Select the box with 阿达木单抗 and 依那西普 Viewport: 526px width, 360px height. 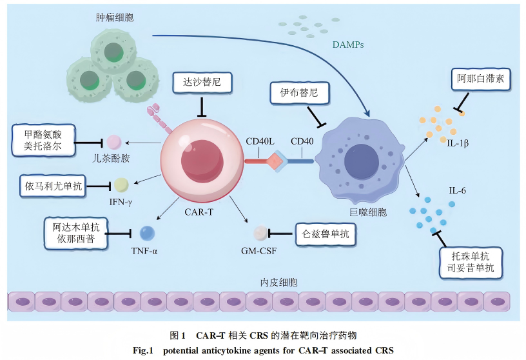pyautogui.click(x=77, y=232)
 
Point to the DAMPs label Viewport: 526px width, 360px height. pyautogui.click(x=348, y=45)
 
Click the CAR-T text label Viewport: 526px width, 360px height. pyautogui.click(x=200, y=211)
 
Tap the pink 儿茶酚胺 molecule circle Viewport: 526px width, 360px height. pyautogui.click(x=114, y=141)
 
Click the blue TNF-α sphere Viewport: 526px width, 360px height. pyautogui.click(x=147, y=233)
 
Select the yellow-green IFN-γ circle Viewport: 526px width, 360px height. pyautogui.click(x=121, y=185)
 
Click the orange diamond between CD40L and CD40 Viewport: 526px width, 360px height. pyautogui.click(x=276, y=161)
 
